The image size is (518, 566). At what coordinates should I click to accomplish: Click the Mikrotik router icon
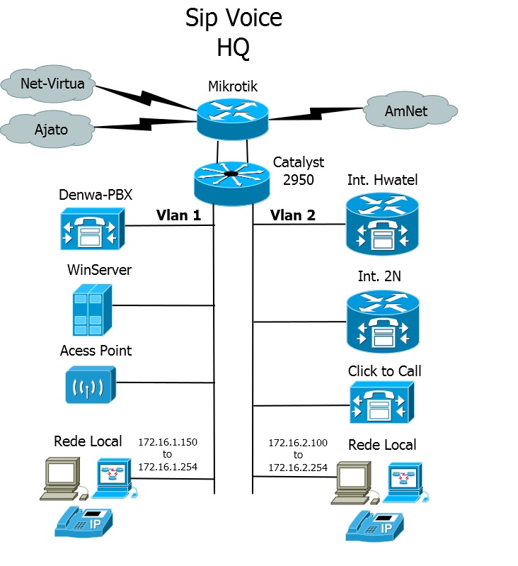tap(234, 115)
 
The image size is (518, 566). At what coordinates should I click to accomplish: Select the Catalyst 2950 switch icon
tap(231, 180)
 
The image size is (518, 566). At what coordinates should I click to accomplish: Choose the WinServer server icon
tap(91, 309)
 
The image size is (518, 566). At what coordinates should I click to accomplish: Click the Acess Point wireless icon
tap(90, 385)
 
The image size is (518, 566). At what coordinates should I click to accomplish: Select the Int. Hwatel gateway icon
tap(382, 225)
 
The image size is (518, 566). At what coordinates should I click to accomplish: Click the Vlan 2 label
tap(292, 215)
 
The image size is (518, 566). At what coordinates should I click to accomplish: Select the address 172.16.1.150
tap(167, 442)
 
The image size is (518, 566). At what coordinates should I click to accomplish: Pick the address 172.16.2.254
tap(298, 468)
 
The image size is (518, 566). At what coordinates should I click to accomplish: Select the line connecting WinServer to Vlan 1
tap(163, 306)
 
